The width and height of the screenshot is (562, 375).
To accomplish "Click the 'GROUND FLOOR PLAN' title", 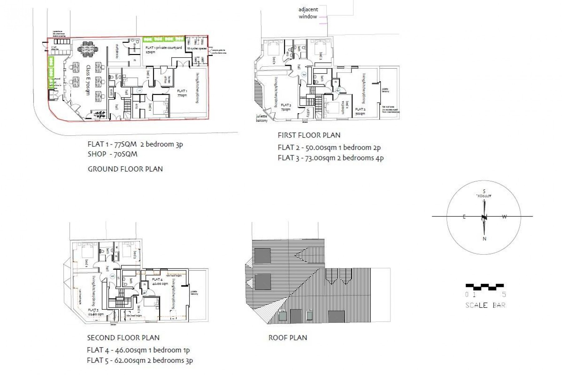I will click(x=125, y=169).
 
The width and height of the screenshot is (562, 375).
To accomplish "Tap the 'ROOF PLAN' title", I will click(x=288, y=338).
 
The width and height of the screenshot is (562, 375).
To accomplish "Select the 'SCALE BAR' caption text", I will click(x=485, y=305).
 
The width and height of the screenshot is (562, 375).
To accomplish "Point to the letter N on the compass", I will click(x=484, y=239).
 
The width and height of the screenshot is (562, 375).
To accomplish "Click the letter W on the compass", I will click(x=504, y=217).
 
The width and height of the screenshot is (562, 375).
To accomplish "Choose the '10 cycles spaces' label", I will click(x=197, y=49).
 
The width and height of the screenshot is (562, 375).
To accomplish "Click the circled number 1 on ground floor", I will click(x=140, y=90).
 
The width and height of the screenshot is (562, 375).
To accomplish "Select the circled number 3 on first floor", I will click(x=303, y=74).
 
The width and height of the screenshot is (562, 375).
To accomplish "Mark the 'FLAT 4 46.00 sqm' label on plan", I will click(x=159, y=281).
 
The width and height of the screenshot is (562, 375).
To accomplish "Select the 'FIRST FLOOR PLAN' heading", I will click(x=309, y=135).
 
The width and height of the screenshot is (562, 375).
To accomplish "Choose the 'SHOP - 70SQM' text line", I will click(x=112, y=154).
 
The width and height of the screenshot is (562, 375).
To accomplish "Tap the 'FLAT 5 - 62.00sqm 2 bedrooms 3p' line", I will click(x=140, y=360).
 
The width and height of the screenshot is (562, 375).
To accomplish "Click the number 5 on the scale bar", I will click(x=504, y=294).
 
